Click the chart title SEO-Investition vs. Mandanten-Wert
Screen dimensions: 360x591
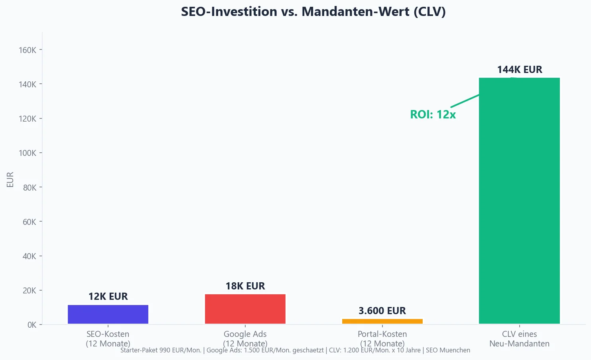[x=313, y=12]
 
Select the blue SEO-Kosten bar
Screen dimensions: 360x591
[x=108, y=314]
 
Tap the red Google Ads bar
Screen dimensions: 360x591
[x=245, y=309]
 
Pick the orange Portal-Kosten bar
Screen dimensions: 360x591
[x=382, y=321]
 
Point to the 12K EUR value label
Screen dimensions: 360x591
[x=108, y=297]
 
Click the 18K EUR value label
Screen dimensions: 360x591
[x=245, y=286]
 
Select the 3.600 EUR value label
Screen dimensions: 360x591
[x=382, y=311]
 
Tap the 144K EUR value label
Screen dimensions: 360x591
[x=519, y=70]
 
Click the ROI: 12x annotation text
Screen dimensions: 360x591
[x=433, y=115]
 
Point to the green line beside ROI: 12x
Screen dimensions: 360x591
[x=465, y=100]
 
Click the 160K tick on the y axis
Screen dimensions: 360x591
[x=28, y=50]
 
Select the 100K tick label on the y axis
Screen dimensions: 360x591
[x=28, y=153]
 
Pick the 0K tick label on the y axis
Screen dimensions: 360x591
[x=32, y=325]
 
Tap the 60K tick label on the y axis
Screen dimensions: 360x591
[x=30, y=222]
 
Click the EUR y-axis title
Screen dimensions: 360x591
[x=10, y=179]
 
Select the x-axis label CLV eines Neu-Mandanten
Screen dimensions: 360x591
[x=519, y=339]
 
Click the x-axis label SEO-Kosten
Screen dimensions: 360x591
[x=108, y=334]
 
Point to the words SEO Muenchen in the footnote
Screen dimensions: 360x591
[x=448, y=350]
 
